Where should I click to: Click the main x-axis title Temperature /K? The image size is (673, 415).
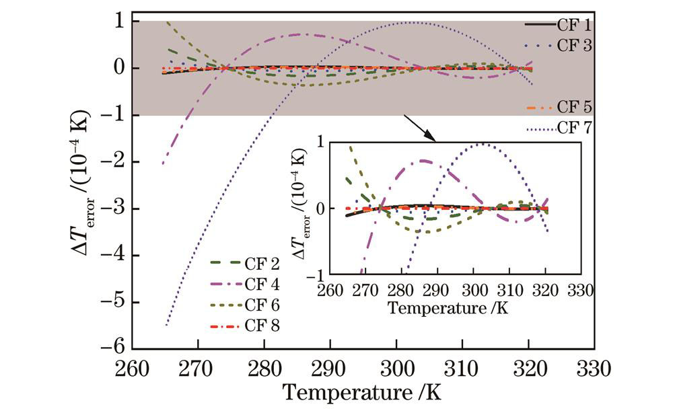point(362,393)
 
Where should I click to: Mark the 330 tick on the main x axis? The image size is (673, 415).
point(593,369)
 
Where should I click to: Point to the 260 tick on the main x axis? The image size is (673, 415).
point(132,369)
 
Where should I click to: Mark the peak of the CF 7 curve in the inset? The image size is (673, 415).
point(481,143)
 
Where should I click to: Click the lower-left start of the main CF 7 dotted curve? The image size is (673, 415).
point(166,326)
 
